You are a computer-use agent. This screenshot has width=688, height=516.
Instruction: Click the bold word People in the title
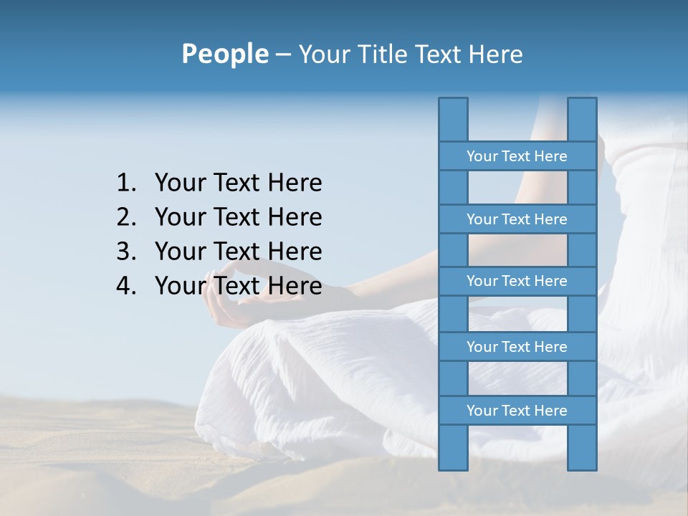(224, 54)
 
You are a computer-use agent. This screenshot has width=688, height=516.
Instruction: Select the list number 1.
(126, 183)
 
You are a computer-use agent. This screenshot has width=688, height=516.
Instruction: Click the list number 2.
(126, 217)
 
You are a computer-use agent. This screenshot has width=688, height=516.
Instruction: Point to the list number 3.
(126, 252)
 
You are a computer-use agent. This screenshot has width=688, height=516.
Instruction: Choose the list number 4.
(126, 286)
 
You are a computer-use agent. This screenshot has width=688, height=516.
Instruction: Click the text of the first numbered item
(238, 183)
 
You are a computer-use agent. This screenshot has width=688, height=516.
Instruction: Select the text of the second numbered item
(238, 217)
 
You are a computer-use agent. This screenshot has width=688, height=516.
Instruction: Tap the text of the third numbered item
(238, 252)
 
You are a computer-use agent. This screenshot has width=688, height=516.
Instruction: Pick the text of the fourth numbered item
(238, 286)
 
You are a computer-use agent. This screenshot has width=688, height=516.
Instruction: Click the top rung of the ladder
(517, 156)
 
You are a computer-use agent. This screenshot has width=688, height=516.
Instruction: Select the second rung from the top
(517, 219)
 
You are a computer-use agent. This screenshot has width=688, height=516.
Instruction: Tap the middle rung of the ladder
(517, 281)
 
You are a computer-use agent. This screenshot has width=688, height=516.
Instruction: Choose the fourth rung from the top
(517, 347)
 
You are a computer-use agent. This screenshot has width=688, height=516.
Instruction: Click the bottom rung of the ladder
(517, 411)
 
